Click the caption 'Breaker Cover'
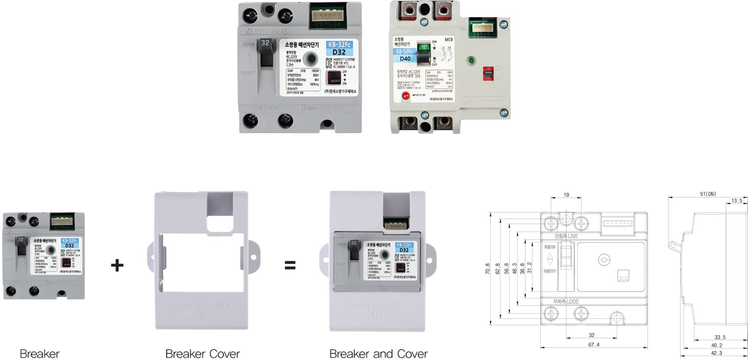pyautogui.click(x=202, y=354)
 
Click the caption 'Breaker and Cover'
pyautogui.click(x=378, y=354)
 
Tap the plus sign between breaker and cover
pyautogui.click(x=117, y=265)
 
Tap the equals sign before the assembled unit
pyautogui.click(x=290, y=265)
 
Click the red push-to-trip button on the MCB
pyautogui.click(x=405, y=96)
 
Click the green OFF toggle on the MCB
pyautogui.click(x=424, y=47)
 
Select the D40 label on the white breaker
pyautogui.click(x=405, y=58)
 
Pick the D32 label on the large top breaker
pyautogui.click(x=339, y=52)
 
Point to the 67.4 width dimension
pyautogui.click(x=594, y=345)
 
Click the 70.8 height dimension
pyautogui.click(x=488, y=268)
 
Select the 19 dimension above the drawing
pyautogui.click(x=566, y=195)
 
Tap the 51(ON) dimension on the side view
pyautogui.click(x=708, y=194)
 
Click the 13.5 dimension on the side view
pyautogui.click(x=737, y=200)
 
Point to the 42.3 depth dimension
pyautogui.click(x=717, y=353)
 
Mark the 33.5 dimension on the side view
pyautogui.click(x=720, y=337)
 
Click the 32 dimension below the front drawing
pyautogui.click(x=592, y=335)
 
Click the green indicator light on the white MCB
pyautogui.click(x=471, y=60)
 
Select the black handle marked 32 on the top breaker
pyautogui.click(x=266, y=53)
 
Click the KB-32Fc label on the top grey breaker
pyautogui.click(x=339, y=45)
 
